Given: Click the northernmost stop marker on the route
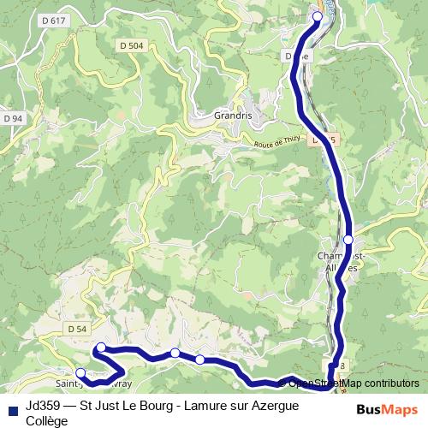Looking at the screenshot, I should (x=318, y=16).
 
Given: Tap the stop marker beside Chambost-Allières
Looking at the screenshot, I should (x=349, y=240).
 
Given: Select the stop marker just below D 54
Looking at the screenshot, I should (x=101, y=347).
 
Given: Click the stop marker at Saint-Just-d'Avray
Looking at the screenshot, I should (x=80, y=372).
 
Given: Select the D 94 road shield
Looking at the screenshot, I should (x=13, y=117).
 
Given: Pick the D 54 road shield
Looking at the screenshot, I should (x=76, y=329).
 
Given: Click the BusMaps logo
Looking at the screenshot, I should (x=388, y=409).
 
